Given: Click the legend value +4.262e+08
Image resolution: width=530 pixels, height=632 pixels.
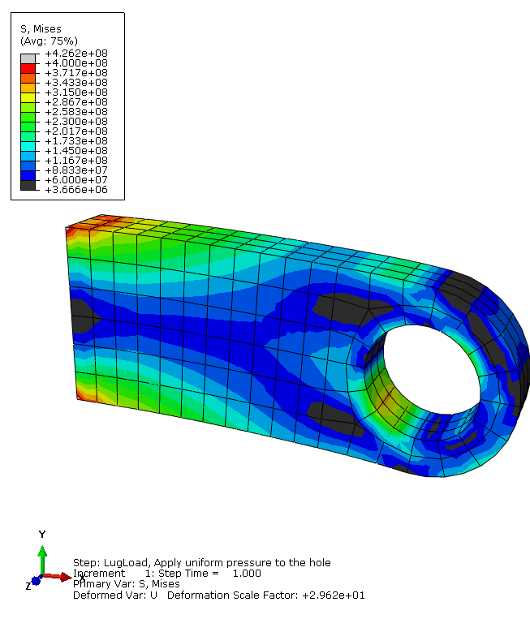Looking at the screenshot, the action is tap(76, 54).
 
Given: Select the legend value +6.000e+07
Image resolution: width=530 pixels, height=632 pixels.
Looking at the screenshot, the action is tap(76, 180).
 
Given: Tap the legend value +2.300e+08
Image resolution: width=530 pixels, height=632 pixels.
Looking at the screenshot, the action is tap(76, 122).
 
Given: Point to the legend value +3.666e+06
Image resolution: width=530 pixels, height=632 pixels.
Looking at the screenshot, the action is tap(76, 190).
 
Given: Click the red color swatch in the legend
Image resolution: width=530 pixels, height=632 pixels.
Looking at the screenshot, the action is tap(28, 68).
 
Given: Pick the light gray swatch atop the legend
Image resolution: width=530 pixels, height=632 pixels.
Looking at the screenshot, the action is tap(28, 58).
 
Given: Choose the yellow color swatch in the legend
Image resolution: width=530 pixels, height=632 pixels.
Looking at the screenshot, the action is tap(28, 97).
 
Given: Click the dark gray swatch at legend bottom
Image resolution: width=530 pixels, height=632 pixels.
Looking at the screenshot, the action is tap(28, 185).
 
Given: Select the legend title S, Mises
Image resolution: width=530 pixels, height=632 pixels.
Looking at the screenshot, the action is tap(41, 29).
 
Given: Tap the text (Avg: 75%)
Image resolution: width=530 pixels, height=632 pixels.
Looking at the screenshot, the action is tap(49, 41).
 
